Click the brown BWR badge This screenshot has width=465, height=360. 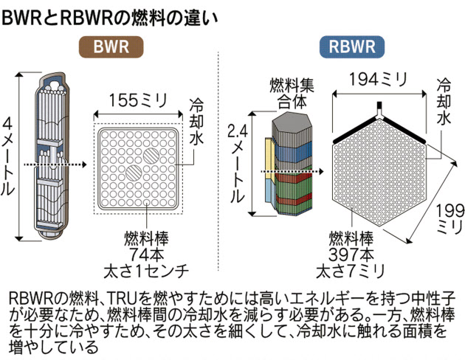point(111,48)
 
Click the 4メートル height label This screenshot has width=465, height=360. point(8,157)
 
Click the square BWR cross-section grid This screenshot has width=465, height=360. point(138,166)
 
